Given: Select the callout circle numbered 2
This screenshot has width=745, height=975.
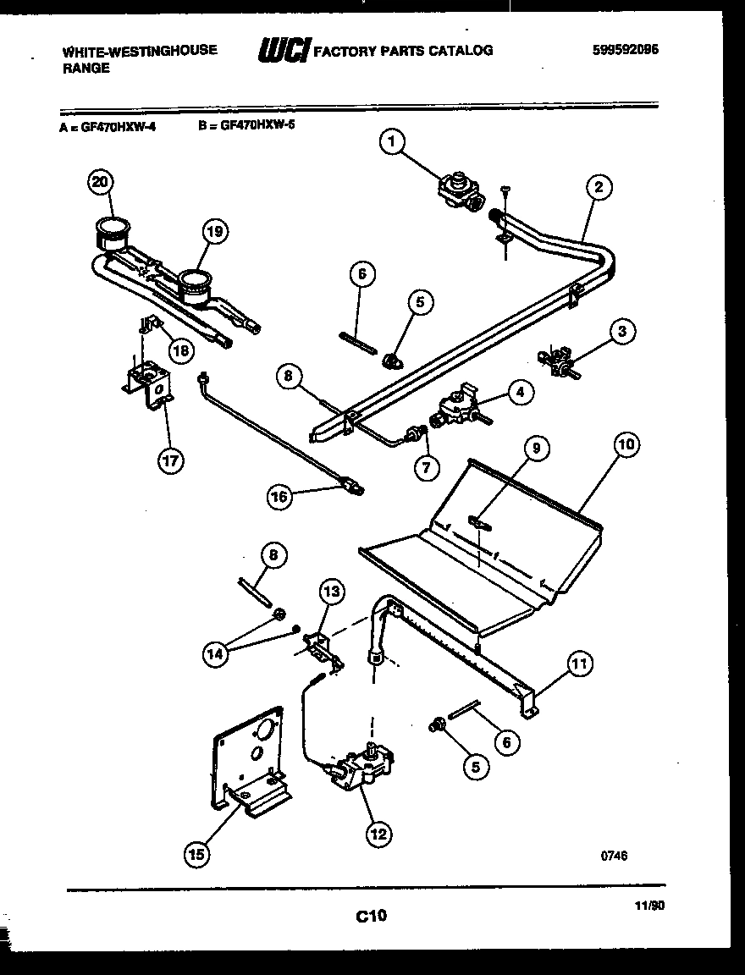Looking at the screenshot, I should (598, 188).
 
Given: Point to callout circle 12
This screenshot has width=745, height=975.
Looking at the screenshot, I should (378, 835).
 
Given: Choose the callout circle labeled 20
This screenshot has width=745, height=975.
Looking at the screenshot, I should (101, 183).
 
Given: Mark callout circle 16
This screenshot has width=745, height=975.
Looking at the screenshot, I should (279, 497).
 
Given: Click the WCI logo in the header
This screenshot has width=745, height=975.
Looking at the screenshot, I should (284, 51).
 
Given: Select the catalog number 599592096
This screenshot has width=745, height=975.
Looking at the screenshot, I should (626, 49).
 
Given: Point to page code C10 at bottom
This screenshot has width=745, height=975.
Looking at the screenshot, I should (371, 915).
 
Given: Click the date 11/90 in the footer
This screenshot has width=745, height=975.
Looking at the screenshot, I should (649, 905).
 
